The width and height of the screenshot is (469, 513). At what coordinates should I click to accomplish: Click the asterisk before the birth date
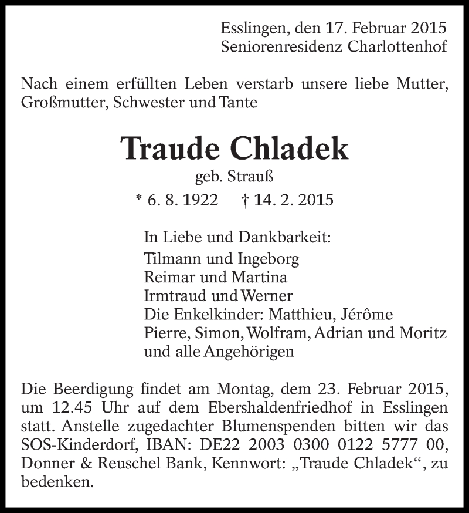tap(138, 200)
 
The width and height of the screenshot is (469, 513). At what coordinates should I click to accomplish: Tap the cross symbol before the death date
tap(244, 200)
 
